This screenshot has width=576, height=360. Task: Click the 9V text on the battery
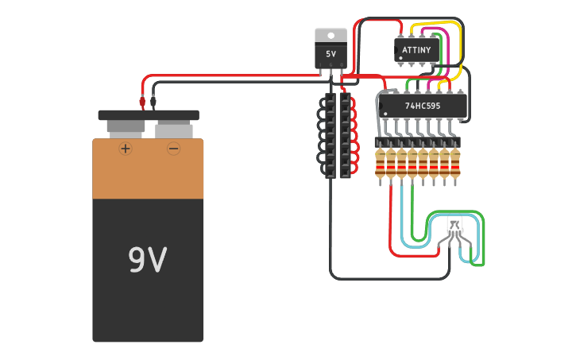coord(148,260)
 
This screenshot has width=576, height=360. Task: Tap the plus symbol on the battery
coord(125,149)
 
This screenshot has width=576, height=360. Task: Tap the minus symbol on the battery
coord(173,149)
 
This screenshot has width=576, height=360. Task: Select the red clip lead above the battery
coord(143,103)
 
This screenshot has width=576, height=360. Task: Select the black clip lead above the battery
coord(153,103)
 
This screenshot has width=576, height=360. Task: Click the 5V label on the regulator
coord(331,54)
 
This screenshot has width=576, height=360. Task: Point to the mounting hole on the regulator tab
coord(331,35)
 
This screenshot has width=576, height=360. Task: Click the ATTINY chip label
coord(416,50)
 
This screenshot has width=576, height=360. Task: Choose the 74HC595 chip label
coord(423,105)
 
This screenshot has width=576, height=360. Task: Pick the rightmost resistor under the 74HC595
coord(455,163)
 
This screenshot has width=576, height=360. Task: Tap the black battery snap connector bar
coord(149,115)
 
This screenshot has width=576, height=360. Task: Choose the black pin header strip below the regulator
coord(337,135)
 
